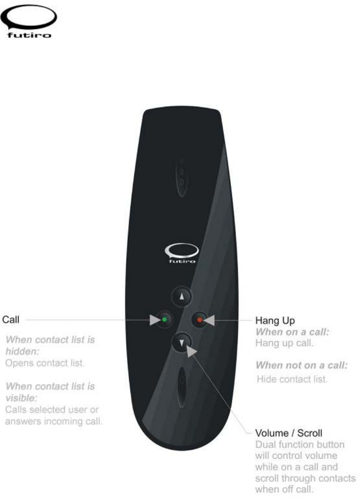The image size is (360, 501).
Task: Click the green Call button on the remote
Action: (x=164, y=320)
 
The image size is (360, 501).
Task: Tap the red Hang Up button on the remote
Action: (x=199, y=320)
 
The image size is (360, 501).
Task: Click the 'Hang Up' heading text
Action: (x=275, y=321)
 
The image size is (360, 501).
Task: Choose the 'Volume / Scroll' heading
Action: (x=289, y=433)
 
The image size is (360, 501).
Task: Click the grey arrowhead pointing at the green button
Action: (x=155, y=320)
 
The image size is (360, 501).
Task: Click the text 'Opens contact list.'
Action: (x=45, y=363)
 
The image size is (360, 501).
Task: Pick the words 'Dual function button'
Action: (x=300, y=444)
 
